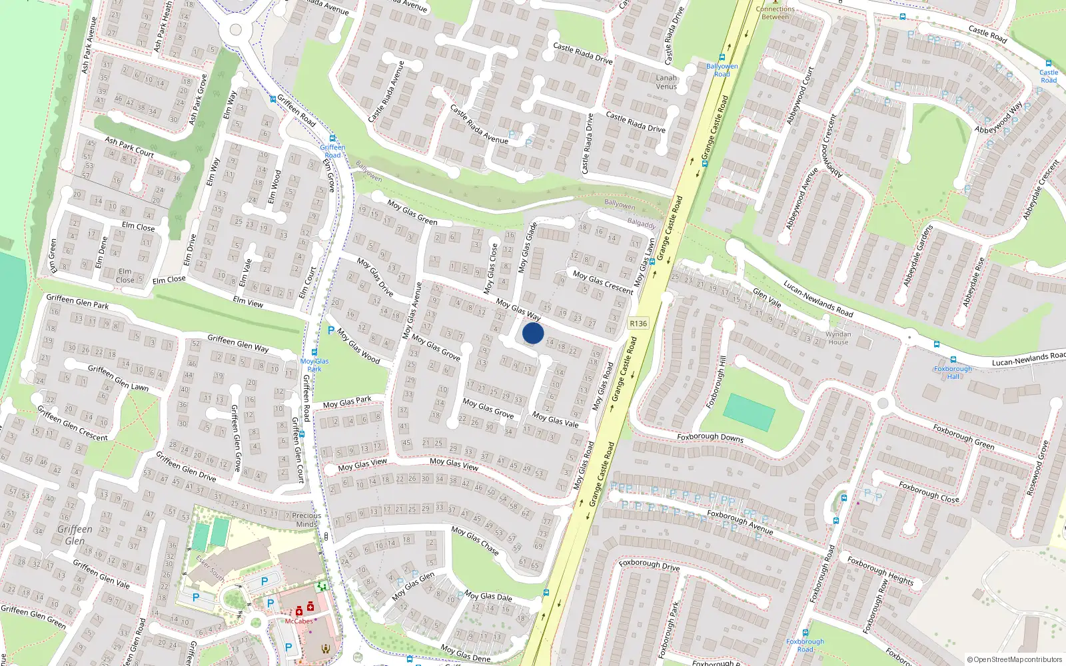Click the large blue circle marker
(533, 333)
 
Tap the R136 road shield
(638, 324)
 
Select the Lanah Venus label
(666, 82)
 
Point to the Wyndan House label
(838, 338)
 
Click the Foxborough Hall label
(953, 372)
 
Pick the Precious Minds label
(306, 519)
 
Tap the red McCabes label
(298, 621)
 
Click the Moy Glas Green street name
(412, 212)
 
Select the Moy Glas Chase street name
(475, 540)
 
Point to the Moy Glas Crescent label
(603, 282)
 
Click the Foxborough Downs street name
(710, 438)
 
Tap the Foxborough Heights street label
(880, 571)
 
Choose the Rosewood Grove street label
(1037, 468)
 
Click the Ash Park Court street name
(129, 147)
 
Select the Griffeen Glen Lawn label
(119, 377)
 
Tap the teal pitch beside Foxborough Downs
(749, 412)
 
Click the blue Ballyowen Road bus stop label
(722, 70)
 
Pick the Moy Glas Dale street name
(488, 596)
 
